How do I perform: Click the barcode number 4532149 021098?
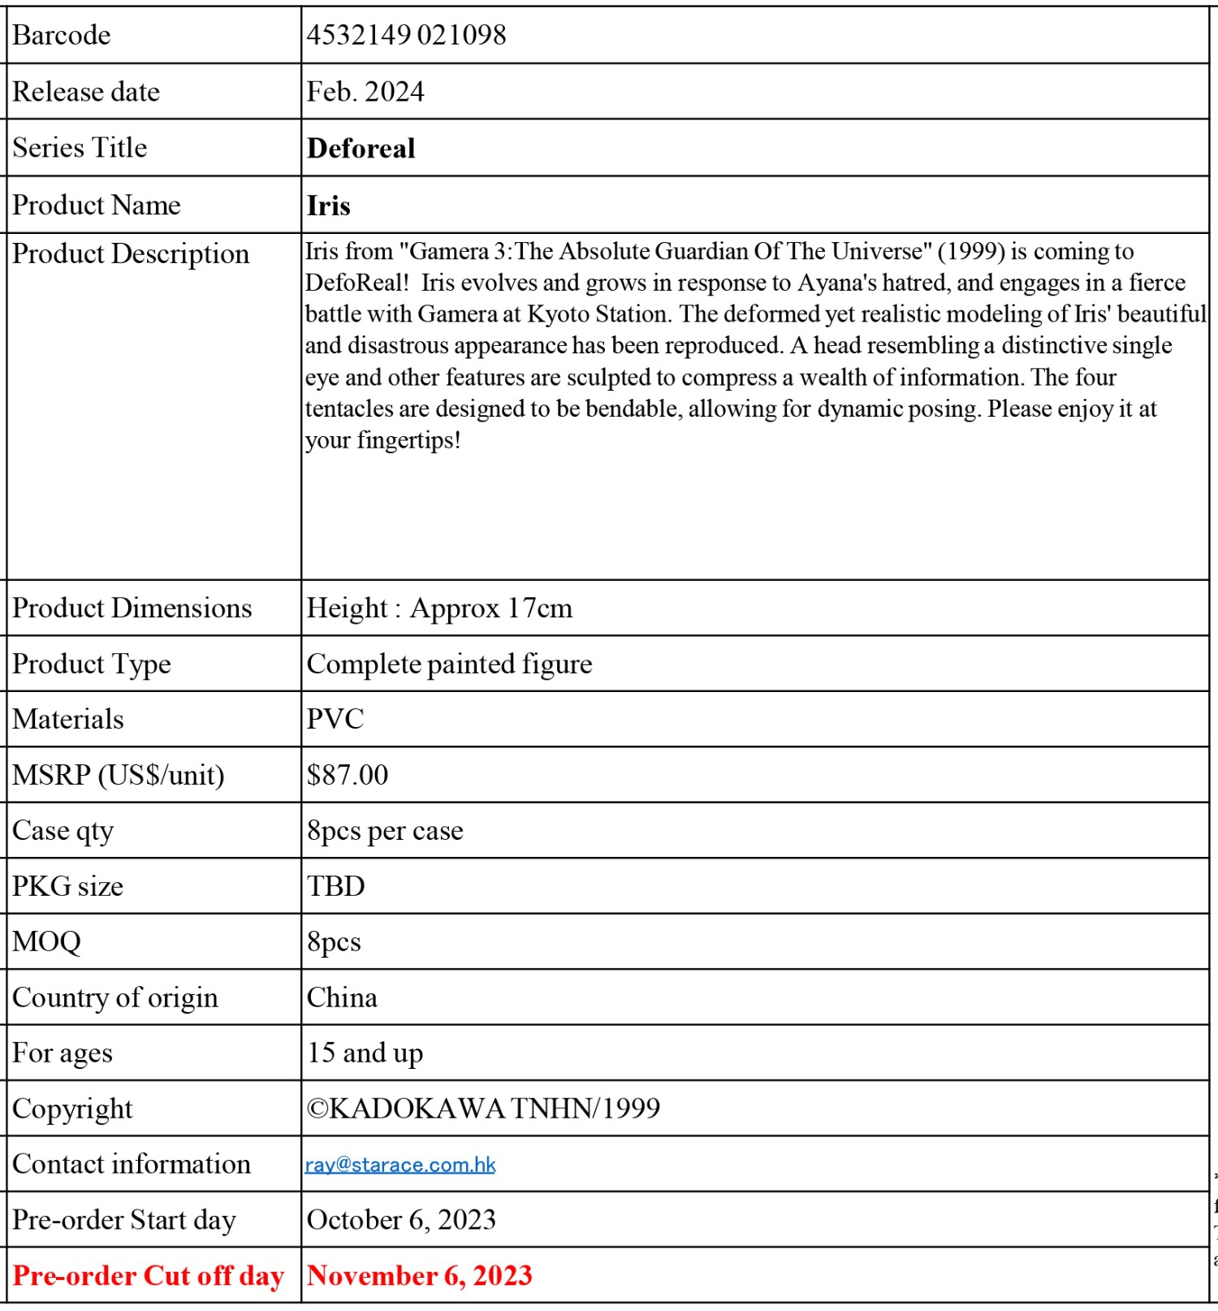coord(406,35)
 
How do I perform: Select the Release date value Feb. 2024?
coord(365,92)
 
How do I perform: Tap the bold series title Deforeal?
coord(361,149)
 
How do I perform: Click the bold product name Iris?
coord(328,206)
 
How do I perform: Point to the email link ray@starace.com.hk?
coord(400,1165)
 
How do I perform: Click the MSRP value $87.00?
coord(348,775)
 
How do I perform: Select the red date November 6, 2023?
coord(419,1275)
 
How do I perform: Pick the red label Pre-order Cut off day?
coord(148,1275)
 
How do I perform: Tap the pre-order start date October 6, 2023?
coord(401,1220)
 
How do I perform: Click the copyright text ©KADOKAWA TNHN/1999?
coord(483,1109)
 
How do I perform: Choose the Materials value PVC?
coord(335,720)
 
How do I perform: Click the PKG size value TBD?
coord(335,886)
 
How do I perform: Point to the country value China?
coord(342,997)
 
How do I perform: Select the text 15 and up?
coord(365,1053)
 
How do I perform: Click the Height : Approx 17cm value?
coord(439,608)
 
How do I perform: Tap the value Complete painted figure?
coord(449,664)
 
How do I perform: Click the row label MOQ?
coord(46,942)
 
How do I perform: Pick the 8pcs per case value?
coord(385,831)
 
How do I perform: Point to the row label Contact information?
coord(131,1165)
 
